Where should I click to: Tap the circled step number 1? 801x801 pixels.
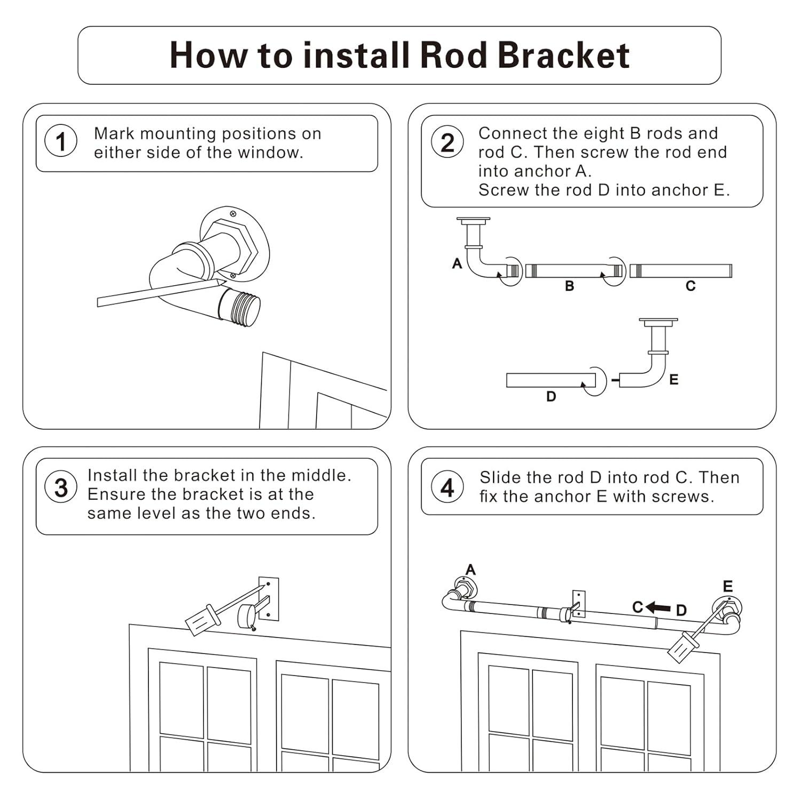tap(61, 142)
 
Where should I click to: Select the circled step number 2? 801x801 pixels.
tap(447, 143)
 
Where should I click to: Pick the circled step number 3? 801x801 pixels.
tap(61, 487)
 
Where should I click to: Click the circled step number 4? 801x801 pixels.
tap(447, 487)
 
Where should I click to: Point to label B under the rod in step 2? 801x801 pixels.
tap(569, 286)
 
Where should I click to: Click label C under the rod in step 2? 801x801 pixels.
tap(690, 286)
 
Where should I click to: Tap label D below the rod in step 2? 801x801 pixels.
tap(551, 397)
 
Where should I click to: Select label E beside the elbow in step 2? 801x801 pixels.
tap(674, 380)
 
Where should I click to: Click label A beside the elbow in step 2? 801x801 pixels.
tap(457, 263)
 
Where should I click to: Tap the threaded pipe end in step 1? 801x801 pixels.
tap(240, 307)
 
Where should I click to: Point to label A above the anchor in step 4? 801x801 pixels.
tap(470, 570)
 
